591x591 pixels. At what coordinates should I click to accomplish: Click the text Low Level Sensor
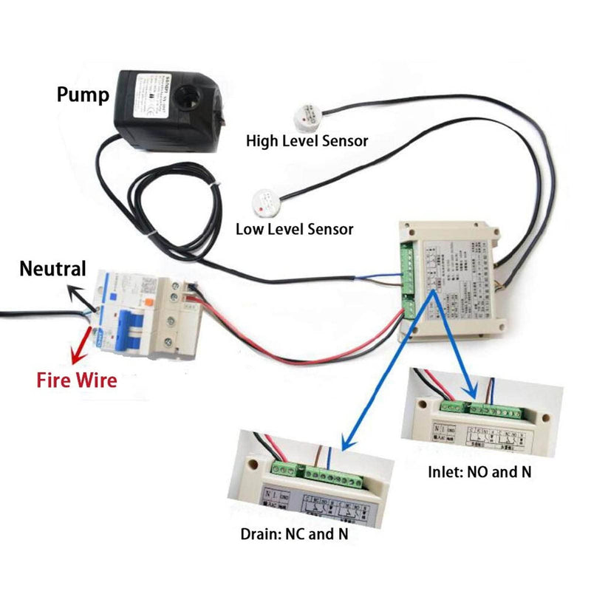[294, 228]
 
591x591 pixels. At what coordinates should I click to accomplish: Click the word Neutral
[52, 268]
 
